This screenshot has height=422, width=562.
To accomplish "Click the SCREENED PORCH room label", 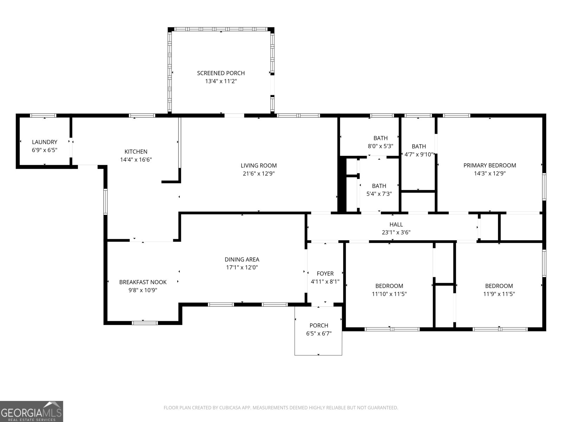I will (x=221, y=73).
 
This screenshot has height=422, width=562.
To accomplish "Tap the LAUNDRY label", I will (x=44, y=142).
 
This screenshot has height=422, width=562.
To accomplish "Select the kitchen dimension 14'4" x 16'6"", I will (x=136, y=160).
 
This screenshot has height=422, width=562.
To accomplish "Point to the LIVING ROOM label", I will (x=259, y=166).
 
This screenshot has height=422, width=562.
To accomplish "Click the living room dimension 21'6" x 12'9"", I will (x=259, y=174).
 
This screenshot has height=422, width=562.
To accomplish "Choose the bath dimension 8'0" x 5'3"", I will (x=380, y=146).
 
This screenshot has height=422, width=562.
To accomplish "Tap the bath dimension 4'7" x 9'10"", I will (x=419, y=154).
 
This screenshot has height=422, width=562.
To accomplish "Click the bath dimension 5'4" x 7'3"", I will (x=379, y=194).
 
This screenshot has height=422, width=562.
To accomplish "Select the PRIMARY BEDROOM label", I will (x=490, y=166).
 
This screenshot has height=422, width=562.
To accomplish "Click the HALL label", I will (x=396, y=224).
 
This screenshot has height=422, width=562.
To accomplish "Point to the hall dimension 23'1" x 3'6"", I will (x=396, y=232).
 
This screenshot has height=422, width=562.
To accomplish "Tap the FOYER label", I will (x=325, y=274).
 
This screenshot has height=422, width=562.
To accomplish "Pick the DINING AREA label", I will (x=242, y=260).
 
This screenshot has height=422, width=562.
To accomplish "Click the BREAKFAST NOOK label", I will (x=143, y=282).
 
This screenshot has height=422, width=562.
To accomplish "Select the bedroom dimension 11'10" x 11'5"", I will (x=389, y=294).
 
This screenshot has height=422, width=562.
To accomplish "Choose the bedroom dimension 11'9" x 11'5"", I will (x=499, y=294).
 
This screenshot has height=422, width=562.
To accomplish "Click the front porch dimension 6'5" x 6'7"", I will (x=319, y=334).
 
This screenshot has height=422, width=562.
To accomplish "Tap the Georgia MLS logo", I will (x=31, y=411).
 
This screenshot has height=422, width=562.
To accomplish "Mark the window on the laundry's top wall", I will (x=43, y=115).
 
